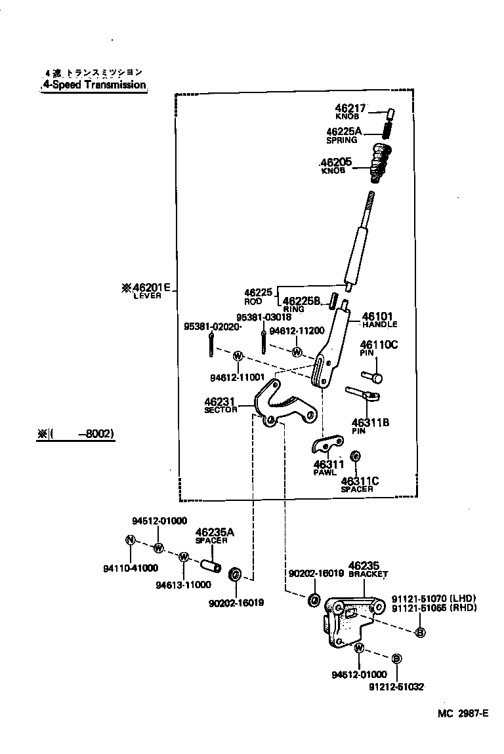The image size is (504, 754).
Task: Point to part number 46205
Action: click(335, 162)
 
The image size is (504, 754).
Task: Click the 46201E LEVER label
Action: click(146, 289)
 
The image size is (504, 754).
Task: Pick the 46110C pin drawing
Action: click(372, 376)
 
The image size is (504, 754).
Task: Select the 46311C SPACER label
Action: click(360, 484)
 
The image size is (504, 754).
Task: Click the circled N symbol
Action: click(130, 540)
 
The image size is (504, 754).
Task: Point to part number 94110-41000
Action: click(131, 568)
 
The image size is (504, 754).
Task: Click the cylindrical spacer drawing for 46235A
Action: click(210, 563)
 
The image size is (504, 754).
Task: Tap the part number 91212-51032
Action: click(396, 686)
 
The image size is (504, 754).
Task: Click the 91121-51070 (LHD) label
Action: click(433, 598)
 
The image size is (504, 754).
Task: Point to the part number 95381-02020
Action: click(212, 326)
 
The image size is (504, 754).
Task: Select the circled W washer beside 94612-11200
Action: click(297, 352)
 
